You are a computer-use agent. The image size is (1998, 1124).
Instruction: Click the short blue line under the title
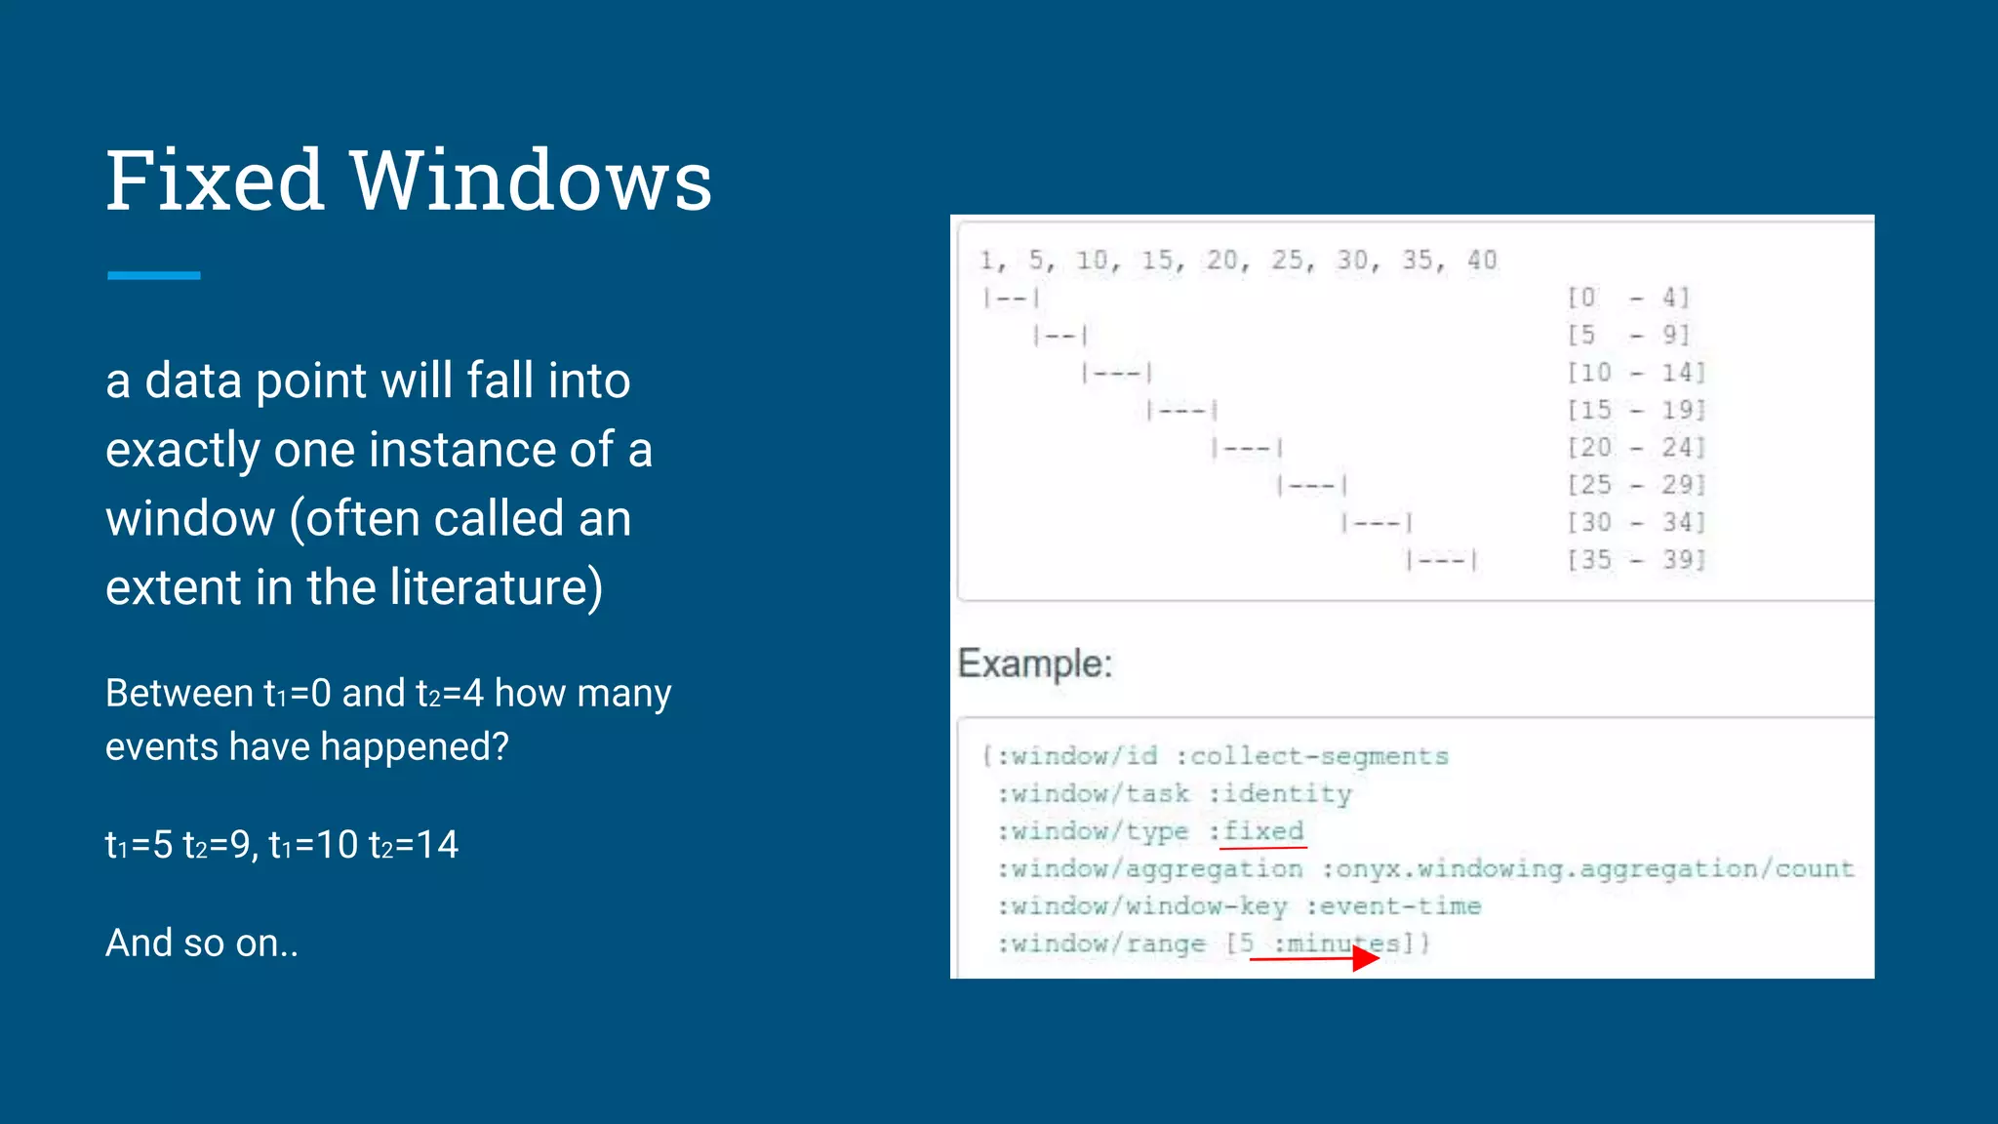153,276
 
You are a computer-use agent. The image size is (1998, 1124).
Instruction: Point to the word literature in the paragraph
496,587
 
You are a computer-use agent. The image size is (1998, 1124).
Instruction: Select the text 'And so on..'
202,943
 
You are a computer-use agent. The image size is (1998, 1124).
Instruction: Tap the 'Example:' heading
1035,663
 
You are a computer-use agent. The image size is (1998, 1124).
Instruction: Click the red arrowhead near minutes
1366,958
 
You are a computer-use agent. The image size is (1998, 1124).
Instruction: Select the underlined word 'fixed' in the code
1263,831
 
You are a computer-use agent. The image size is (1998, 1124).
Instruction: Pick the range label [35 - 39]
1636,560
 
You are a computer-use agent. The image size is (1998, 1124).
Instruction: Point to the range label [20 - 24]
1636,448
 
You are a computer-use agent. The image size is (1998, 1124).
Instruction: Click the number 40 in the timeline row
1482,261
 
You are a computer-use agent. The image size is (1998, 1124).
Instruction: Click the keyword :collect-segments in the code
1311,756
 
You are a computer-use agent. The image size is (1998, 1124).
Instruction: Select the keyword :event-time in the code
1393,906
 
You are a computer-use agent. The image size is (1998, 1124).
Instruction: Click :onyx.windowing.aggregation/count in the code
1587,868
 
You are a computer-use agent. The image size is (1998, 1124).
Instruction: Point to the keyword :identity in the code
1280,794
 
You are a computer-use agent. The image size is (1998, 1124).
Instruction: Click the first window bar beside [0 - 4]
1011,298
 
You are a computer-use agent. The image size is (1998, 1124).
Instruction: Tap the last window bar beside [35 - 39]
1442,560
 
